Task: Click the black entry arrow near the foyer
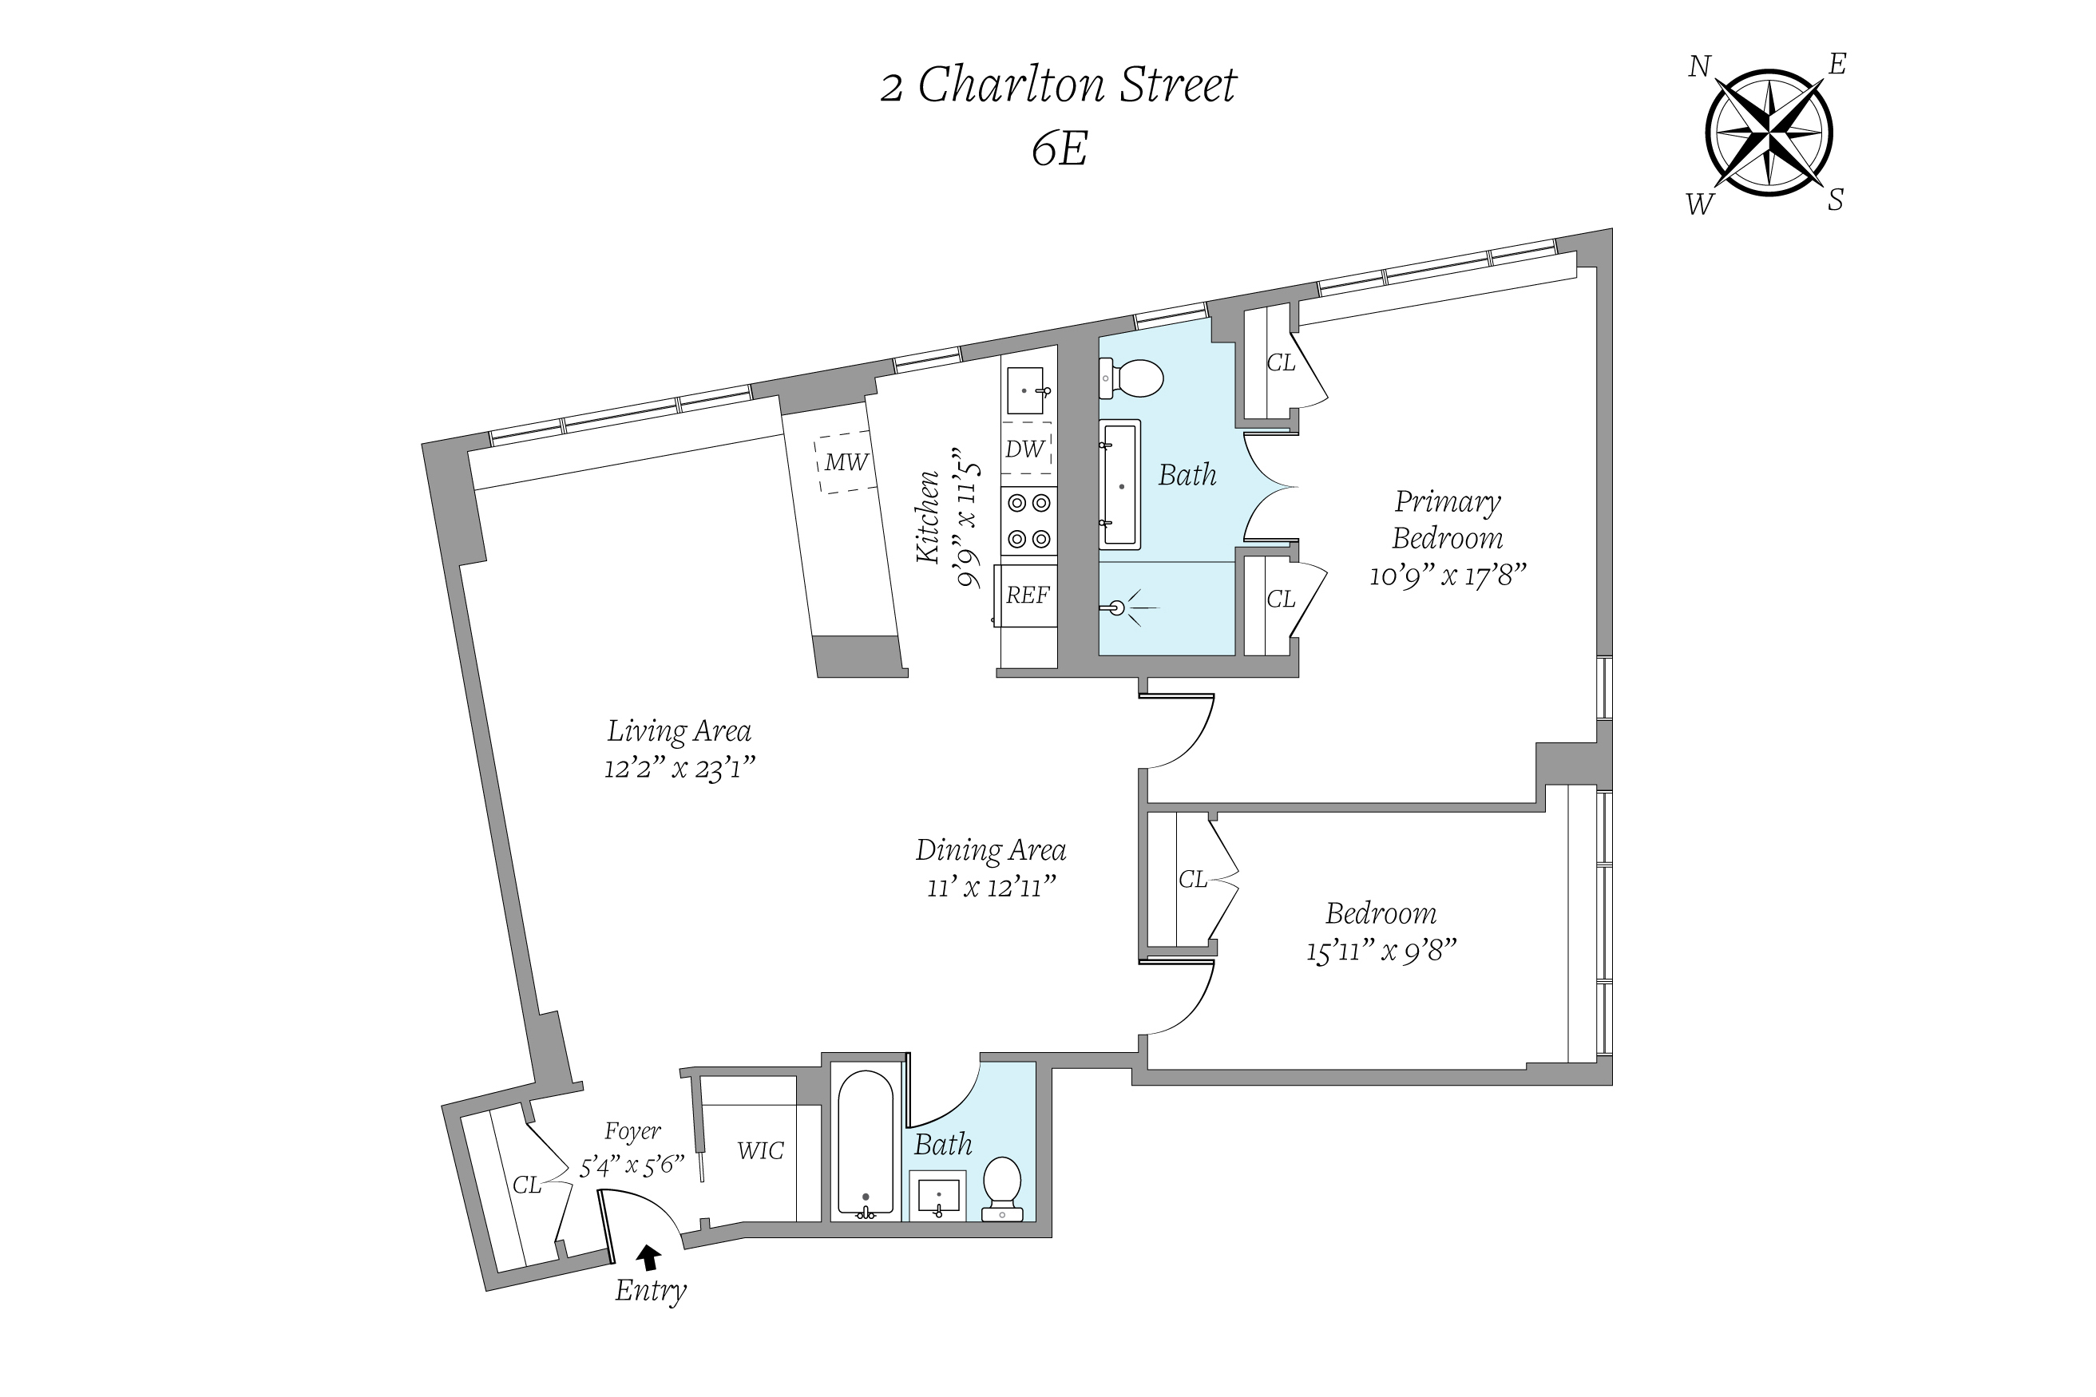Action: (x=648, y=1257)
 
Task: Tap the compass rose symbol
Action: (x=1768, y=133)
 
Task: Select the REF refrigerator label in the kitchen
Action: (x=1028, y=596)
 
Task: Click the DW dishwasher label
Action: (x=1024, y=449)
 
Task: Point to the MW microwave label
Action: (x=846, y=462)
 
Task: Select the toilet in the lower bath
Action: (x=1003, y=1187)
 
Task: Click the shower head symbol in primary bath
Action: (x=1119, y=608)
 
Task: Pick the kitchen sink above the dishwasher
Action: (x=1027, y=390)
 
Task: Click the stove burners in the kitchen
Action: (x=1028, y=521)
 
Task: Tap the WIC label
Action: (x=760, y=1151)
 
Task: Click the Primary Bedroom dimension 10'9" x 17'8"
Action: (x=1447, y=576)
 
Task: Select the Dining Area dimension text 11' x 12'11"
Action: (x=991, y=888)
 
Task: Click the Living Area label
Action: (x=679, y=731)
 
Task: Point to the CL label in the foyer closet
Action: (x=527, y=1185)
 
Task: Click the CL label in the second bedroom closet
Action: (x=1192, y=881)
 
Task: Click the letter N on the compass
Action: (x=1699, y=67)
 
